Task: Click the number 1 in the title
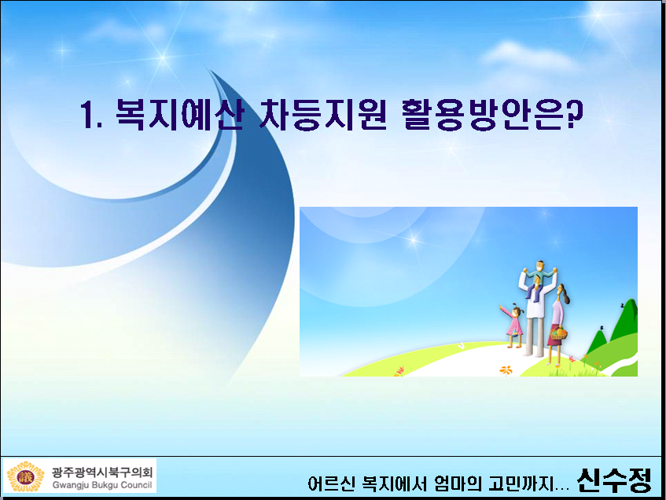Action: pos(87,114)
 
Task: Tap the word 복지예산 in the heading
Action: pos(180,114)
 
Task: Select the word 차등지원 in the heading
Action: pos(323,114)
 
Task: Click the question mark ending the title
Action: pos(574,114)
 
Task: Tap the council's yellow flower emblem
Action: pos(25,476)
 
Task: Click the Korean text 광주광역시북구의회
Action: pos(102,472)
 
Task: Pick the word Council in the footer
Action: pos(136,485)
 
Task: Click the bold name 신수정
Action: pos(614,480)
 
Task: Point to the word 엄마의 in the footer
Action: pos(458,483)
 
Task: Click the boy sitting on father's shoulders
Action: pos(539,278)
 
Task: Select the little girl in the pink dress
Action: pos(514,325)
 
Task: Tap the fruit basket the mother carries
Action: pos(558,333)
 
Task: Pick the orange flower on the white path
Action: pos(506,370)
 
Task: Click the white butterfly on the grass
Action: pos(462,346)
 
